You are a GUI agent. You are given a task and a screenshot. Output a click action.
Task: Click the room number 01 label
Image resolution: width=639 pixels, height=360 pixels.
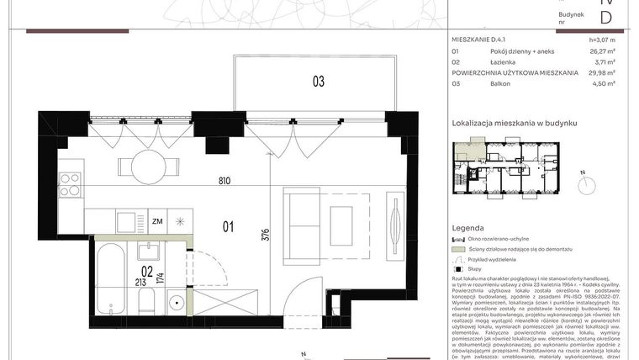click(226, 225)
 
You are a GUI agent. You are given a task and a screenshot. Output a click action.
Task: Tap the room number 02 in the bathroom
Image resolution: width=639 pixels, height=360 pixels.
click(145, 272)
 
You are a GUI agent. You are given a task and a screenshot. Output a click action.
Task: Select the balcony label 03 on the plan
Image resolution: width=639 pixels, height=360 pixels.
click(319, 82)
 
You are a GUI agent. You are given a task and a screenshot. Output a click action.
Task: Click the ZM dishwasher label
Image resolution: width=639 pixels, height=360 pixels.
click(157, 222)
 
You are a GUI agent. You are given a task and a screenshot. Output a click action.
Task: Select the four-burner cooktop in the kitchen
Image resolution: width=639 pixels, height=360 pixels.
click(69, 184)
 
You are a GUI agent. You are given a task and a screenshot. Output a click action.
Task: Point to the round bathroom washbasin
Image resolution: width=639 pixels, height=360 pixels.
click(176, 300)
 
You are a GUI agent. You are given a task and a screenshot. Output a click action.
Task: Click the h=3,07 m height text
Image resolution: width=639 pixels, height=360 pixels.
click(602, 40)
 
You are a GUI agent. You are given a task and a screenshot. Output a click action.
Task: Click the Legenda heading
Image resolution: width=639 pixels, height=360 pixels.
click(467, 228)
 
